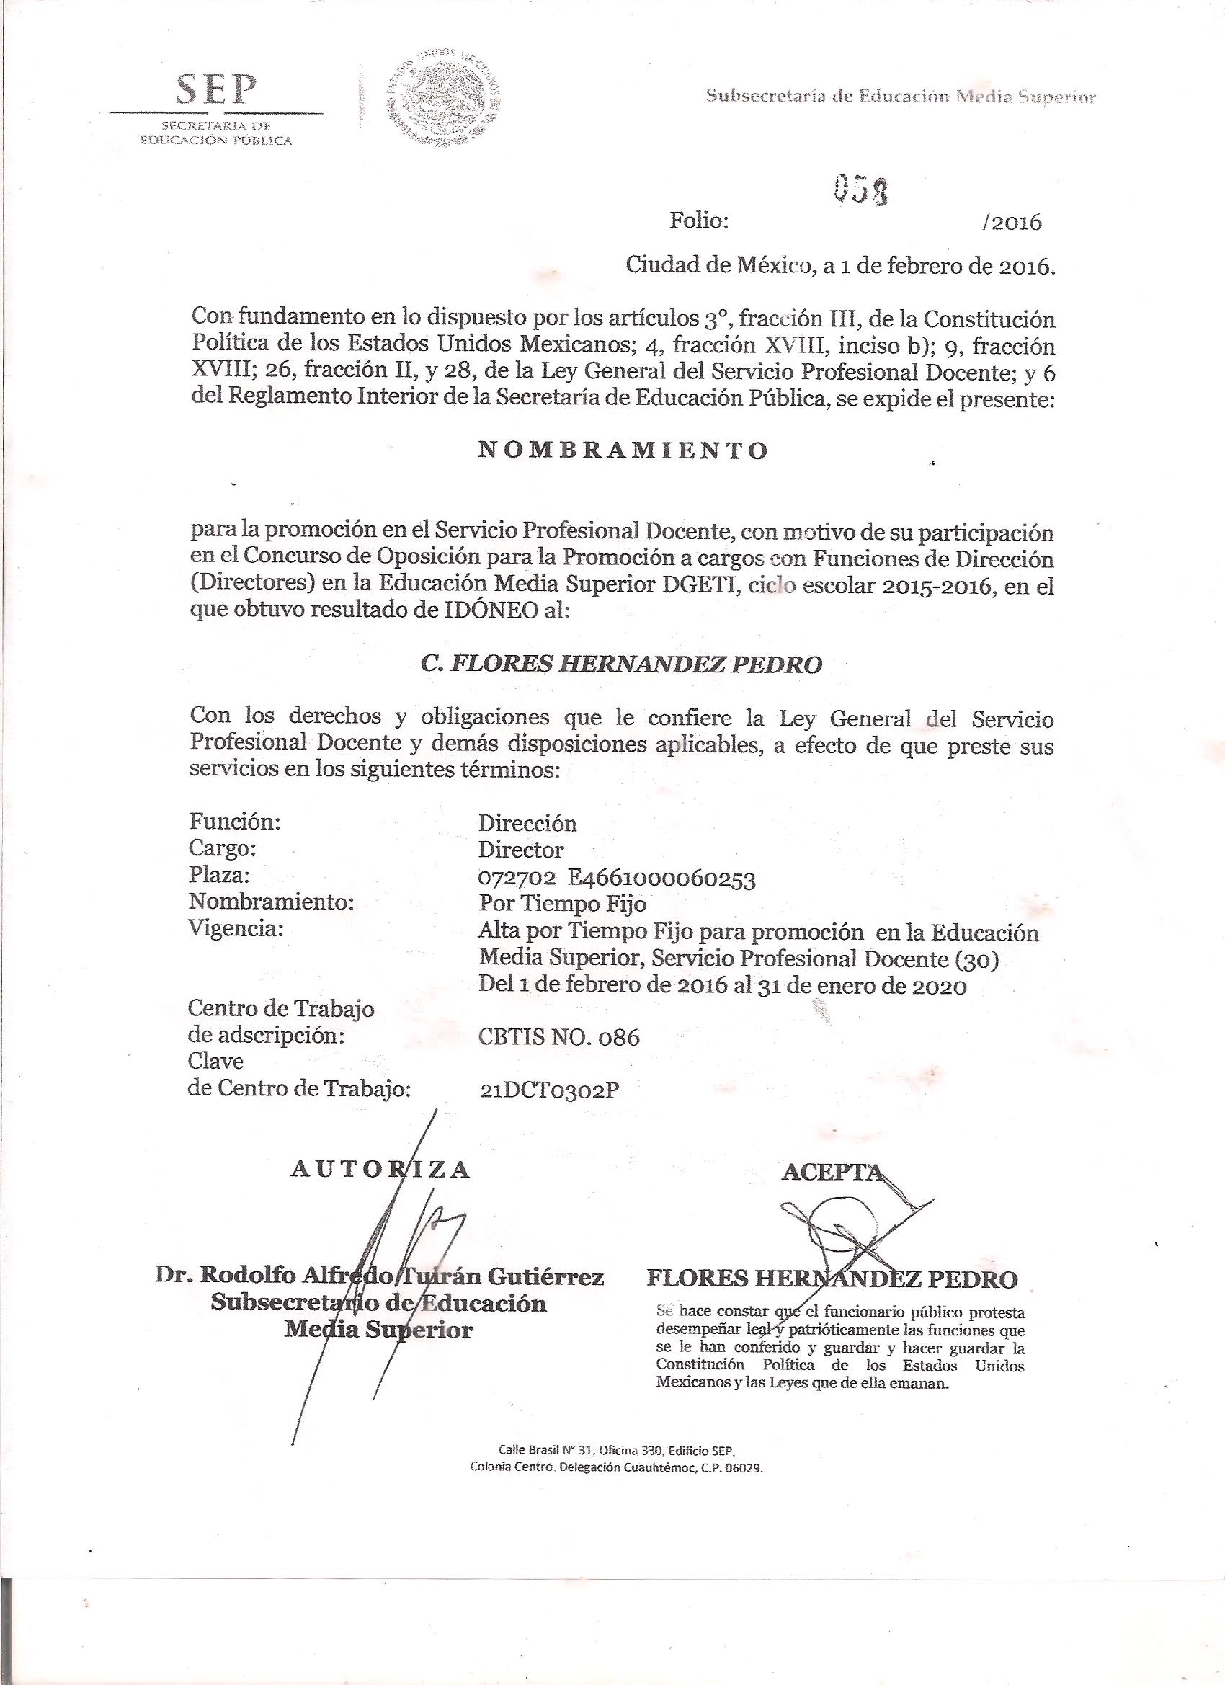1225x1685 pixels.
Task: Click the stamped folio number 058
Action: pyautogui.click(x=861, y=190)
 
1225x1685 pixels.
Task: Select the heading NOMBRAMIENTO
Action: pyautogui.click(x=623, y=451)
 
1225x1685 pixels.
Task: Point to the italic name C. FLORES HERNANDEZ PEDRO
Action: pyautogui.click(x=622, y=664)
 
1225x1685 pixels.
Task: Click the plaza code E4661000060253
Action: pyautogui.click(x=661, y=879)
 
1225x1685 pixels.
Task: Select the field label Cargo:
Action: pyautogui.click(x=223, y=848)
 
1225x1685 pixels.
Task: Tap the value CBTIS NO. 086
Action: pyautogui.click(x=558, y=1036)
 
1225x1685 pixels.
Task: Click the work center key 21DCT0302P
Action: pyautogui.click(x=550, y=1089)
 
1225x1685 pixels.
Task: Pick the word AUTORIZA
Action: pyautogui.click(x=380, y=1169)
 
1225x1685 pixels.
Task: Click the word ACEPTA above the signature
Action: pyautogui.click(x=832, y=1172)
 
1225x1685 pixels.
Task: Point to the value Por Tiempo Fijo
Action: pyautogui.click(x=561, y=904)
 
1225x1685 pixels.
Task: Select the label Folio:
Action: pyautogui.click(x=698, y=221)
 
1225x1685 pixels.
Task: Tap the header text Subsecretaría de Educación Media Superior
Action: pyautogui.click(x=900, y=97)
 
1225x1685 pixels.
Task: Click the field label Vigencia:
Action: pyautogui.click(x=237, y=929)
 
